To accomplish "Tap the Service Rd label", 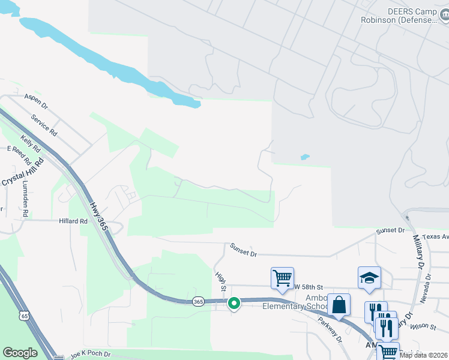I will pos(44,124).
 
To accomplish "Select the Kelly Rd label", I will pos(30,143).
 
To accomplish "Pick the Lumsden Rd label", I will pos(25,200).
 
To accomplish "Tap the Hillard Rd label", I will pos(73,221).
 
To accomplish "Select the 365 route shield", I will pos(199,302).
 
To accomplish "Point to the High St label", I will pos(220,281).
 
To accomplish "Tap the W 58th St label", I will pos(309,287).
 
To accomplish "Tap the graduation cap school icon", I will pos(370,277).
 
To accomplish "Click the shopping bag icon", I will pos(339,304).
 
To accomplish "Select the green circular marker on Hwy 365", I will pos(234,304).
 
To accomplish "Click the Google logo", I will pos(20,353).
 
